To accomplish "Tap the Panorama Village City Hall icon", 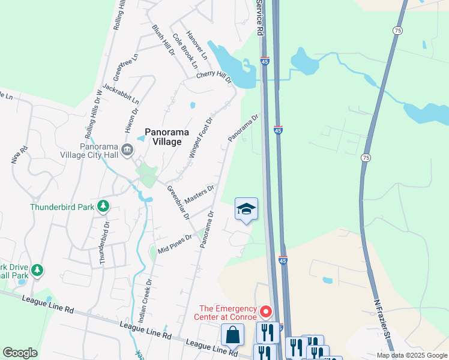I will (127, 150).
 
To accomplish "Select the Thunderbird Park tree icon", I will (104, 207).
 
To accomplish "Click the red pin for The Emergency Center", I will (266, 313).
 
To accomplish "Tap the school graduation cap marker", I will (246, 209).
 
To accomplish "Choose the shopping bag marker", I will (232, 335).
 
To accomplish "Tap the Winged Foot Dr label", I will (201, 137).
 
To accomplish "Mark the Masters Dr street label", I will (199, 194).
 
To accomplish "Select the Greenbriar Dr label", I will (178, 203).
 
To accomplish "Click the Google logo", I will (20, 353).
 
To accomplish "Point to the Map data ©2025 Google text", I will (411, 355).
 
